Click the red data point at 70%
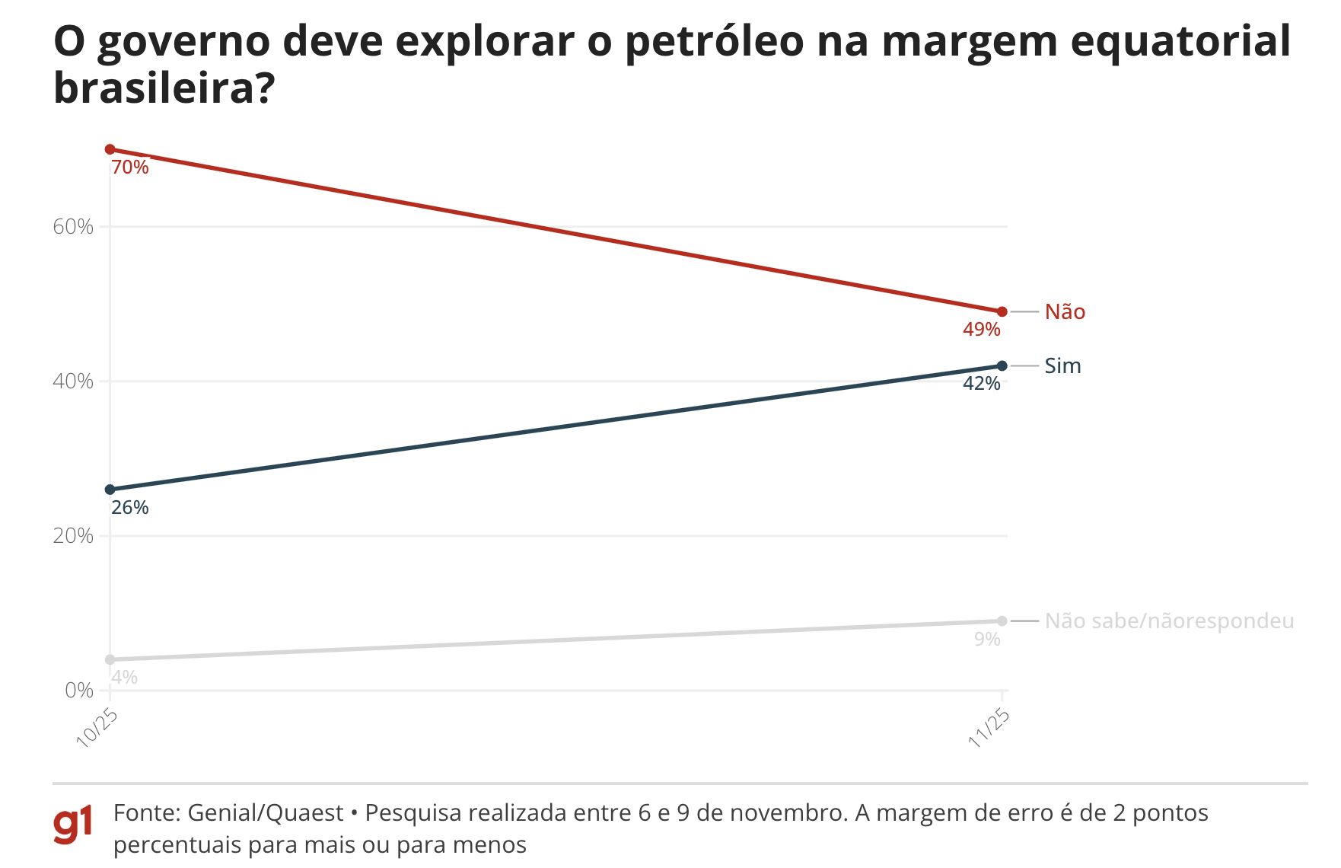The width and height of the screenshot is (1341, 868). click(x=110, y=149)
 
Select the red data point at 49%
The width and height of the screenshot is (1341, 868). click(x=1002, y=311)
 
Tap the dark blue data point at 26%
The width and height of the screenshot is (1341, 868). click(x=110, y=490)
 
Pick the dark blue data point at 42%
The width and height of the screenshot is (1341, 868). click(x=1002, y=366)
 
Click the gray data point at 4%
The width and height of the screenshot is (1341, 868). click(x=110, y=659)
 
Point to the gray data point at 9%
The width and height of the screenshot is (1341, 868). click(x=1002, y=621)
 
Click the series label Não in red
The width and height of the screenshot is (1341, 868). click(x=1064, y=311)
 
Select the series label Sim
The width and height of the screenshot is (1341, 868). click(x=1062, y=366)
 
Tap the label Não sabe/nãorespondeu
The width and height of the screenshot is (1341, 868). click(x=1168, y=621)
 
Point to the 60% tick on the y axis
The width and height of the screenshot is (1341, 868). click(x=73, y=227)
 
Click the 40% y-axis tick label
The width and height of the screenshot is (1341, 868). click(x=73, y=381)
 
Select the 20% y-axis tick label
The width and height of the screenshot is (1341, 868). click(x=73, y=536)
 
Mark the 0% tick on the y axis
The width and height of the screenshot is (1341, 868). click(x=79, y=691)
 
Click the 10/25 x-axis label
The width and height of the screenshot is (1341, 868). click(x=97, y=727)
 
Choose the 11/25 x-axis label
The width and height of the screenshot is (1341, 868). click(x=989, y=727)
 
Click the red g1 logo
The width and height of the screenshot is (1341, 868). click(x=73, y=824)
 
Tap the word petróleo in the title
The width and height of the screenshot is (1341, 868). click(x=714, y=41)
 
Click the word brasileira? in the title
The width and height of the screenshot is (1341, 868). click(x=164, y=88)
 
